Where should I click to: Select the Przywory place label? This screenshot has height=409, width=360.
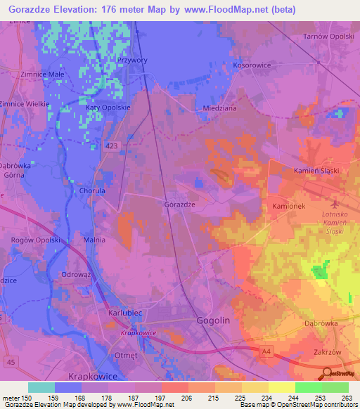(x=132, y=60)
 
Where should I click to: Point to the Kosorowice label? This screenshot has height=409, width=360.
(x=251, y=65)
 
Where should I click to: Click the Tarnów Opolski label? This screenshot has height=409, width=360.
(x=328, y=36)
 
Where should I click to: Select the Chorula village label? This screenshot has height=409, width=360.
(x=93, y=190)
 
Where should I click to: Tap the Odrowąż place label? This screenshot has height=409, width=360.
(x=78, y=274)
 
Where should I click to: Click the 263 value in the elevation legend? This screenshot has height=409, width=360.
(x=346, y=398)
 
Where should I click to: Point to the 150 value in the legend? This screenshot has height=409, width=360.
(x=27, y=398)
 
